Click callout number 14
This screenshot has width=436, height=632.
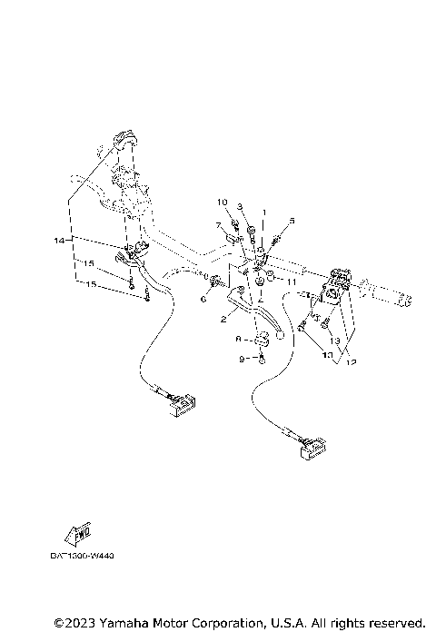tap(58, 240)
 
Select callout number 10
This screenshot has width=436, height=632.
tap(221, 201)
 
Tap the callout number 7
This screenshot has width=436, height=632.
tap(219, 225)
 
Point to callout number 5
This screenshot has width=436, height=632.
tap(292, 221)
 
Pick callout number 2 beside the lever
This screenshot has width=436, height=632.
tap(223, 320)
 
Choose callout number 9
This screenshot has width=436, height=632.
tap(242, 360)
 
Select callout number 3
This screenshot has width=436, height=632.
tap(241, 207)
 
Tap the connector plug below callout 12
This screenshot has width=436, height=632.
tap(311, 447)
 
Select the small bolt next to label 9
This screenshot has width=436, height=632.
tap(261, 360)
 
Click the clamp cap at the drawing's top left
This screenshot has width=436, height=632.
tap(124, 140)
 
